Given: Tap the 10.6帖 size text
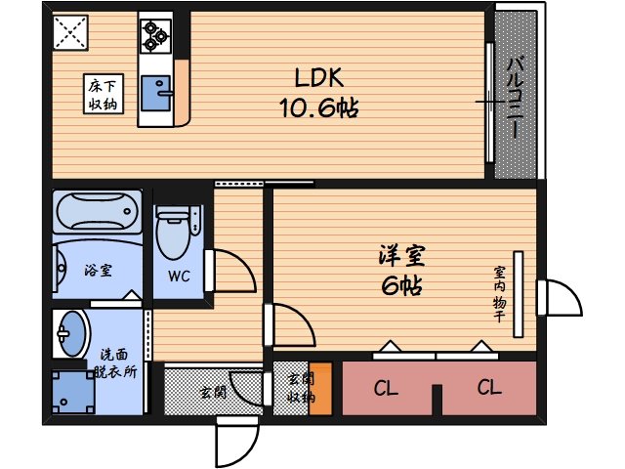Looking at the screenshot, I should tap(319, 107).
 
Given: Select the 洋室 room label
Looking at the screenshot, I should tap(401, 257).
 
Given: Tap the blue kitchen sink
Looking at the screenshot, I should tap(154, 95).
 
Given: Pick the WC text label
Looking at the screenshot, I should tap(178, 277).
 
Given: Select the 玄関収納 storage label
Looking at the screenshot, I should tap(300, 388).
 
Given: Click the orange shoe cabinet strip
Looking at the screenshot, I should tap(320, 390).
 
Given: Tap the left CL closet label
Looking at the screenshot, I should tap(386, 389).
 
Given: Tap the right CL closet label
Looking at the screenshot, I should tap(489, 389).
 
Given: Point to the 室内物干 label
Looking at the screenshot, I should tap(499, 294).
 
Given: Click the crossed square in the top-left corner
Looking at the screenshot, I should tap(69, 33).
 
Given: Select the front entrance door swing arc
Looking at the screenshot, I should tap(234, 446).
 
